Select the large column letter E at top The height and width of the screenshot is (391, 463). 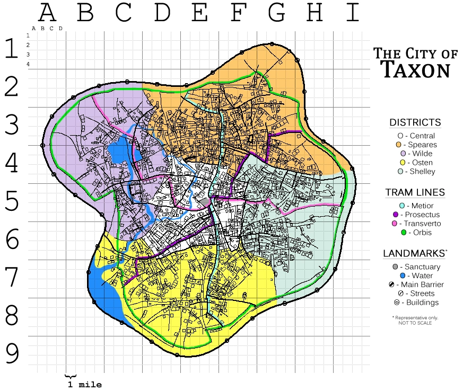point(199,13)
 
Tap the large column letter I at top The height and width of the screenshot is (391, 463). point(352,13)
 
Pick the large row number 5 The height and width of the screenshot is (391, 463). point(12,202)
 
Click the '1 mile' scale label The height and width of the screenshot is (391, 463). point(84,385)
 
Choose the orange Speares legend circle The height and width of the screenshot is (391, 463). point(398,145)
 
